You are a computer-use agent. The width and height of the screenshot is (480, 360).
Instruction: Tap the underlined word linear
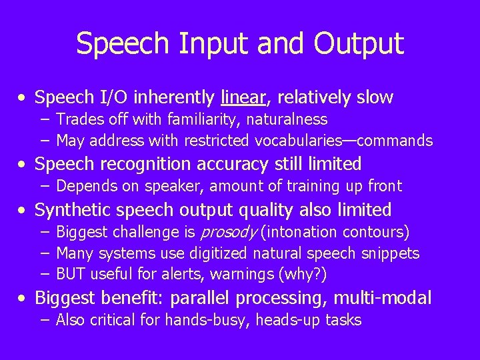pos(244,98)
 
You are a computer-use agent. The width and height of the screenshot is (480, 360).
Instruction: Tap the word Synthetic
pos(72,210)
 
